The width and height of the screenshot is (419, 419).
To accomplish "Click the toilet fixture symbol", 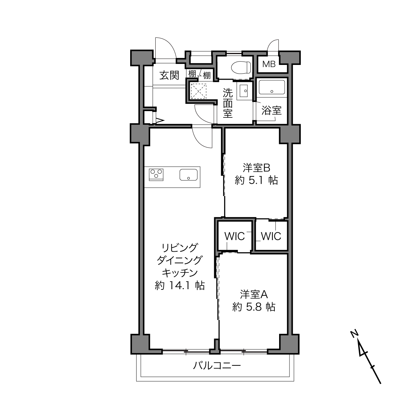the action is point(241,67).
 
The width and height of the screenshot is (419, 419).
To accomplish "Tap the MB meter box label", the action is point(269,64).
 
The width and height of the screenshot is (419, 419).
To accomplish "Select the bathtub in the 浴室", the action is point(272,87).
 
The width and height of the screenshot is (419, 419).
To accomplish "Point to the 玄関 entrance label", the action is point(169,75).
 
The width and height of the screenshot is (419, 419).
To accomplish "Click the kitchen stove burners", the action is point(156,175).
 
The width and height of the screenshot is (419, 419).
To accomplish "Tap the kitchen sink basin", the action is point(188,175).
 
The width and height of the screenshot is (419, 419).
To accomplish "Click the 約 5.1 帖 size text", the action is point(256,180).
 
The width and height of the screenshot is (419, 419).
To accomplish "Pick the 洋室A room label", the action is point(254,295).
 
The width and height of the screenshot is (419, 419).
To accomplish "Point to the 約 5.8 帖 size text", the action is point(254,307).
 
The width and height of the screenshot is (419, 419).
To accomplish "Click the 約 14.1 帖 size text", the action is point(180,285).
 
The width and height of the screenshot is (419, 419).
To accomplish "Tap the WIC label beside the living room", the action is point(235,236).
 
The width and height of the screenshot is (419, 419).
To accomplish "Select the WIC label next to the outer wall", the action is point(271,236).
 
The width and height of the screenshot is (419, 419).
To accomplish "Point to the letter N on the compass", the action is point(355,333).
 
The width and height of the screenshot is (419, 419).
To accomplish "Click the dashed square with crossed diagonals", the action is point(198,91).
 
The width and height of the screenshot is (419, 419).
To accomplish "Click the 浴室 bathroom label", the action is point(271,110).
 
